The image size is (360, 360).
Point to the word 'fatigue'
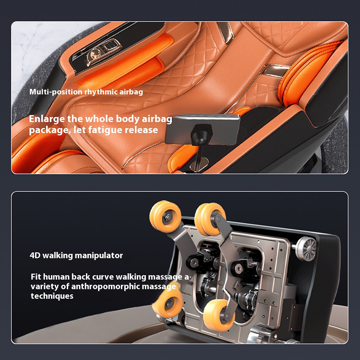tap(105, 130)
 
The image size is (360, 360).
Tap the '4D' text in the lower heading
tap(35, 255)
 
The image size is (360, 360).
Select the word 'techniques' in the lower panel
tap(52, 296)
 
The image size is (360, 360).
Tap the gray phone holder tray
tap(203, 129)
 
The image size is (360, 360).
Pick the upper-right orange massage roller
tap(210, 218)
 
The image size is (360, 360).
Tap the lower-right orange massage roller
tap(219, 315)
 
